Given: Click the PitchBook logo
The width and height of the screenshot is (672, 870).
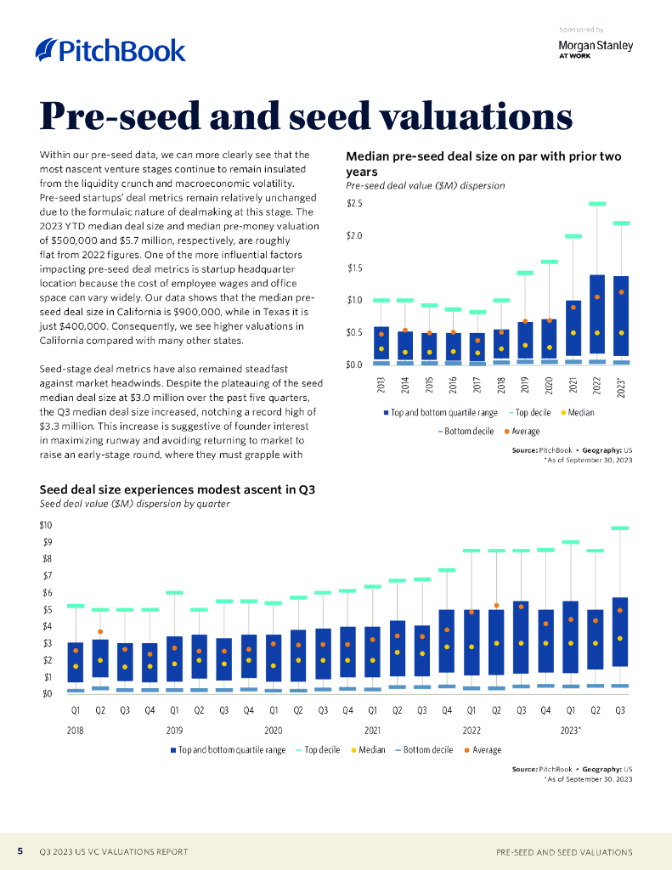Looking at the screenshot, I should pos(110,50).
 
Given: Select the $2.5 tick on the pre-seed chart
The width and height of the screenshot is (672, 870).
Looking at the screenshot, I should pos(354,204).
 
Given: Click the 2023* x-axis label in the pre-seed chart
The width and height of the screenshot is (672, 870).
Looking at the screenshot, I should pos(622,387).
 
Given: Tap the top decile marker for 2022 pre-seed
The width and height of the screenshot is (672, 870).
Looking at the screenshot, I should pos(597,204).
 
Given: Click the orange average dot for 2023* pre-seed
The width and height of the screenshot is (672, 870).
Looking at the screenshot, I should pos(622,292).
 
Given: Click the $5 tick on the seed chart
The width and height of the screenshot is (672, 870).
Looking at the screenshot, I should pos(48,610).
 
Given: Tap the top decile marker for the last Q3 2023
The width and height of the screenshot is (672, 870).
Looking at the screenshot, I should pos(620,528).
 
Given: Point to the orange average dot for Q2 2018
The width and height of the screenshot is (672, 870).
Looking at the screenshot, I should pos(100,632).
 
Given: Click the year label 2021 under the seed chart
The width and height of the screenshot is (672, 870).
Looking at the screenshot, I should pos(372,730).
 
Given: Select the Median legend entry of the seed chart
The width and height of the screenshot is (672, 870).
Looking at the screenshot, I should pos(367,750).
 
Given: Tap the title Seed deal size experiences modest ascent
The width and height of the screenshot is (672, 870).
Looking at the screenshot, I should pos(178,489).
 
